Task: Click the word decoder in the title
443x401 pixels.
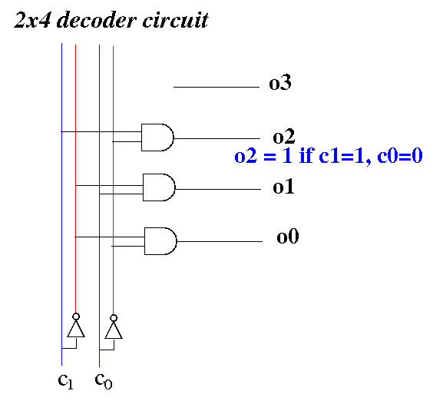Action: [96, 20]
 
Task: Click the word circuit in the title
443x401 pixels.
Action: [175, 20]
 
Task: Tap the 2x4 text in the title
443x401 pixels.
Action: [32, 20]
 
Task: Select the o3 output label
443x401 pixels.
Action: [280, 83]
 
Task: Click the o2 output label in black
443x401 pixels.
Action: [283, 136]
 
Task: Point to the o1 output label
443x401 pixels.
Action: [283, 186]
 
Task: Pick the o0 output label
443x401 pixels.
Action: [288, 237]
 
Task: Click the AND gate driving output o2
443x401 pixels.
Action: [157, 138]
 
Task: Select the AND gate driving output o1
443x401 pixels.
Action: [159, 187]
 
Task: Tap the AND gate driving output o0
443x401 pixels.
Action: [160, 241]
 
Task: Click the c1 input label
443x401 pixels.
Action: [65, 381]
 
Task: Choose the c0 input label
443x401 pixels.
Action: [104, 381]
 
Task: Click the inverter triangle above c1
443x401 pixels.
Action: [76, 329]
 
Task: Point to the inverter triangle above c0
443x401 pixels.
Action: [114, 330]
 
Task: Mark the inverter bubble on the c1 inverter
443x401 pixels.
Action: [76, 316]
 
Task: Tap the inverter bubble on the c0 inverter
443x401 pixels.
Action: [114, 318]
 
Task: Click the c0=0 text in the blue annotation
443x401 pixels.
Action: [400, 156]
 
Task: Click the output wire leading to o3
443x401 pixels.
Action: [217, 87]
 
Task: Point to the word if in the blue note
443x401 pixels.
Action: [306, 155]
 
